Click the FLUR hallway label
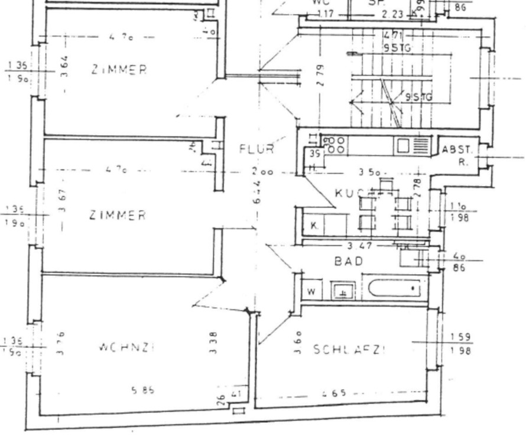(x=256, y=149)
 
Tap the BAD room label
(x=349, y=260)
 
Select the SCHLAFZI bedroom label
(x=349, y=349)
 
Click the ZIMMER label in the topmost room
(x=119, y=70)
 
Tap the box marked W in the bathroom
(x=311, y=291)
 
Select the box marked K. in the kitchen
(x=314, y=225)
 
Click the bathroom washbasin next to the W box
(x=342, y=290)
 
